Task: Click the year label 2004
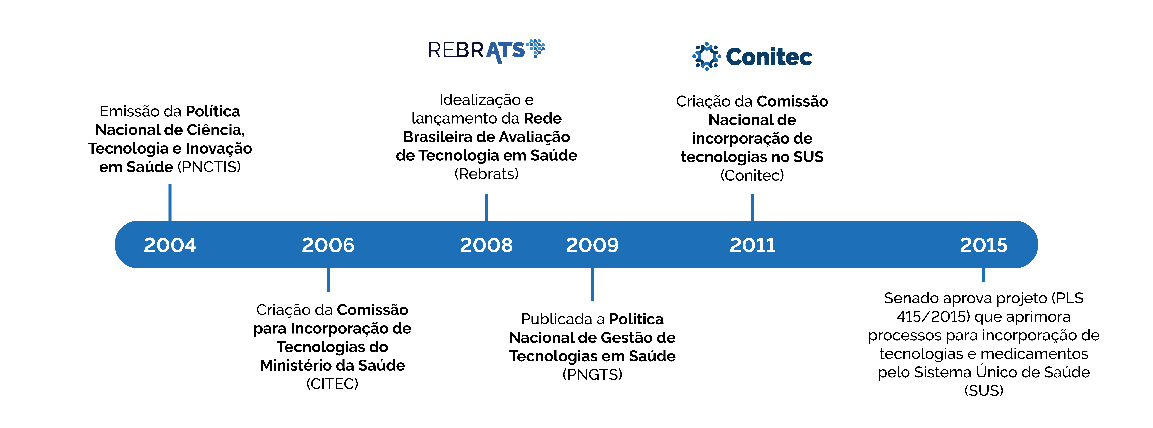click(x=170, y=245)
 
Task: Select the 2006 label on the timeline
click(x=328, y=245)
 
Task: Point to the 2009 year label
click(x=592, y=245)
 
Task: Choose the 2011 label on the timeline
click(x=752, y=245)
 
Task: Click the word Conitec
click(x=769, y=57)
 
